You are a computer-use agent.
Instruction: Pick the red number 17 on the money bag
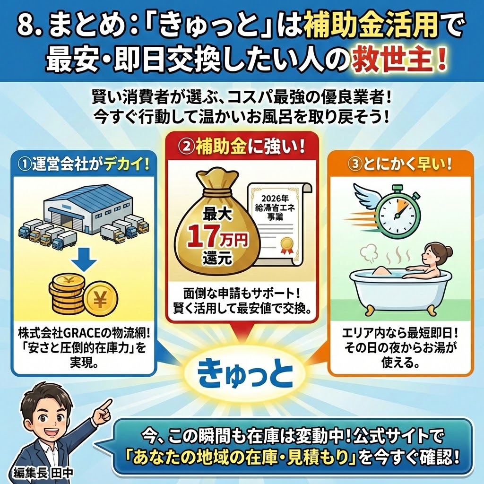click(x=204, y=236)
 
